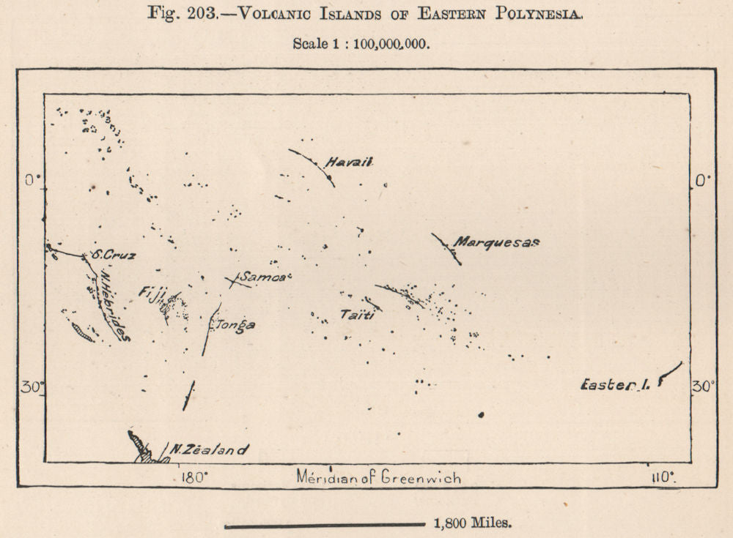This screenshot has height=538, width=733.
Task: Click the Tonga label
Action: [x=234, y=325]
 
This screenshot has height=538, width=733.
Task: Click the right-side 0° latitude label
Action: [x=701, y=181]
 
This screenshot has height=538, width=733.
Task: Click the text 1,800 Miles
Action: [x=472, y=523]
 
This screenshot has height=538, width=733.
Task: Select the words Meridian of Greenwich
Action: [x=379, y=478]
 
